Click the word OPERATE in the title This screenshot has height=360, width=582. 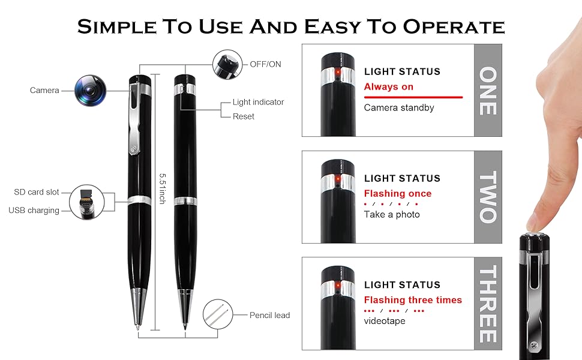(x=454, y=27)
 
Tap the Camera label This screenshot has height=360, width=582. (x=44, y=90)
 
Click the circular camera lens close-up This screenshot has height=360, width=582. (x=90, y=91)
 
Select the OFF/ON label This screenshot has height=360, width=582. (x=265, y=64)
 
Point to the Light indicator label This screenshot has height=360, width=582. (x=259, y=102)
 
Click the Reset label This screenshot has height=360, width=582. (x=244, y=116)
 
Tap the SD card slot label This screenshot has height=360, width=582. (x=37, y=192)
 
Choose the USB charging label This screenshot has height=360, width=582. (x=34, y=211)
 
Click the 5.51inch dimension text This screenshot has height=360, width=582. (x=162, y=188)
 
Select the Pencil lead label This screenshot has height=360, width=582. (x=269, y=315)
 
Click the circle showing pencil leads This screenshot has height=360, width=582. (x=218, y=314)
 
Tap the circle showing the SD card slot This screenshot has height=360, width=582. (x=87, y=202)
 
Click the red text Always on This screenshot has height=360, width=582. (x=389, y=87)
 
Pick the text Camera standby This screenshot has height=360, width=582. (x=399, y=107)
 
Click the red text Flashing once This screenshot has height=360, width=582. (x=398, y=193)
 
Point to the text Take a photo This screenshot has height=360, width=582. (x=392, y=215)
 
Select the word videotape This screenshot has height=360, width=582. (x=385, y=320)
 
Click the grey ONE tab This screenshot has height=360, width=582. (x=488, y=91)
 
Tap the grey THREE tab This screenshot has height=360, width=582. (x=488, y=304)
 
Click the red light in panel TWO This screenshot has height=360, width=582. (x=338, y=179)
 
